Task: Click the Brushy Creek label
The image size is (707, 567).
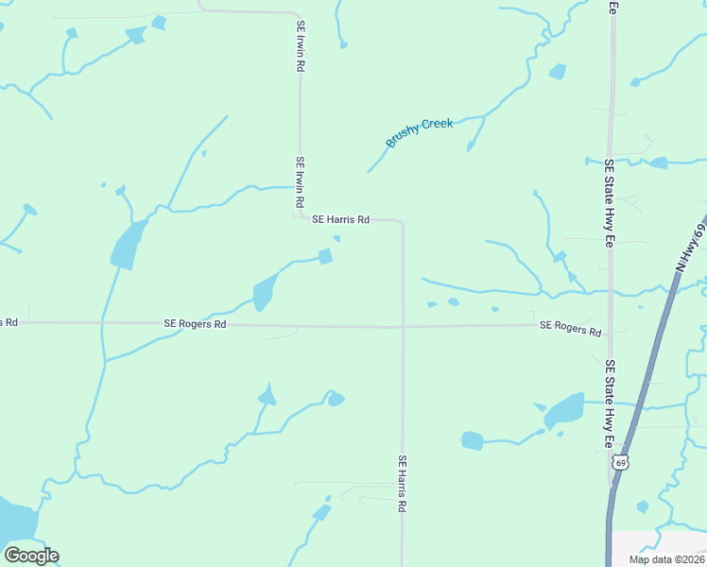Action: pos(420,133)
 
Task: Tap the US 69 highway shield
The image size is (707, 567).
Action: pos(620,462)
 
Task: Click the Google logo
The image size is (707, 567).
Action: pos(31,556)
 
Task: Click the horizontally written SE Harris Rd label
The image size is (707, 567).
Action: pos(340,219)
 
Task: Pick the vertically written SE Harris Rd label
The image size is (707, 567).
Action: pos(402,484)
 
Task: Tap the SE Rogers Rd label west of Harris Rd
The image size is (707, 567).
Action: pos(195,323)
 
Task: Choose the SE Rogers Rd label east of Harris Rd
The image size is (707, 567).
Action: pos(571,328)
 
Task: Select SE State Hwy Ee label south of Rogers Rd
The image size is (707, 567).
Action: pos(611,403)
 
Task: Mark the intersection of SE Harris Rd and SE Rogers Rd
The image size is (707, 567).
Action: pos(404,327)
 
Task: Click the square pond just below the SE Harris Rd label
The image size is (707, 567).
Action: pos(325,256)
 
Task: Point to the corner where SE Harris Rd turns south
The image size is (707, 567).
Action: pos(403,223)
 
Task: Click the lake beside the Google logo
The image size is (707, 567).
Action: pos(14,520)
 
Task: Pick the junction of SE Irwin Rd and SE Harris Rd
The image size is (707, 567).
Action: pos(302,216)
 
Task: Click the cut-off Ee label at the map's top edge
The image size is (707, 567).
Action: pos(612,7)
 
